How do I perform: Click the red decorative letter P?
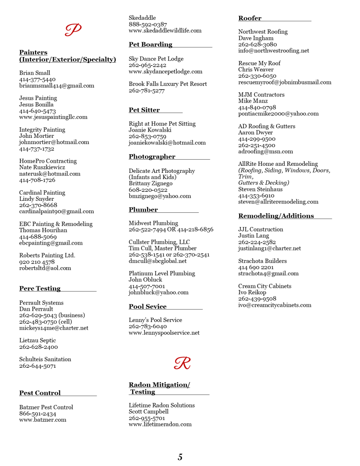tap(73, 30)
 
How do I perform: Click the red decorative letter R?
tap(182, 363)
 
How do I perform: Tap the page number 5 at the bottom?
tap(180, 457)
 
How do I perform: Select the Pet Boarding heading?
tap(151, 45)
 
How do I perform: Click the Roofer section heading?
tap(250, 18)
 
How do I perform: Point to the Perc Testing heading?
tap(40, 289)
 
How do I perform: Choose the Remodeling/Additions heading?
tap(276, 216)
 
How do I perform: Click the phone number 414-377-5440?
tap(37, 79)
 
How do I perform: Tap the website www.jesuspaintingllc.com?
tap(53, 117)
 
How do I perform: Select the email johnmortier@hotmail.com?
tap(54, 142)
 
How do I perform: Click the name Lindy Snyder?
tap(37, 199)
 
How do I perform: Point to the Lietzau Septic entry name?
tap(38, 341)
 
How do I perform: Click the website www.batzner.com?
tap(43, 420)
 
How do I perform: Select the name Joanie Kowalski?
tap(150, 130)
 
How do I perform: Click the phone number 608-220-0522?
tap(148, 190)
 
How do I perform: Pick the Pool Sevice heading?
tap(148, 307)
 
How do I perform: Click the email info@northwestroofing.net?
tap(274, 51)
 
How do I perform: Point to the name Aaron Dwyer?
tap(256, 133)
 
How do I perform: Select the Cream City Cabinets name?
tap(265, 286)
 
